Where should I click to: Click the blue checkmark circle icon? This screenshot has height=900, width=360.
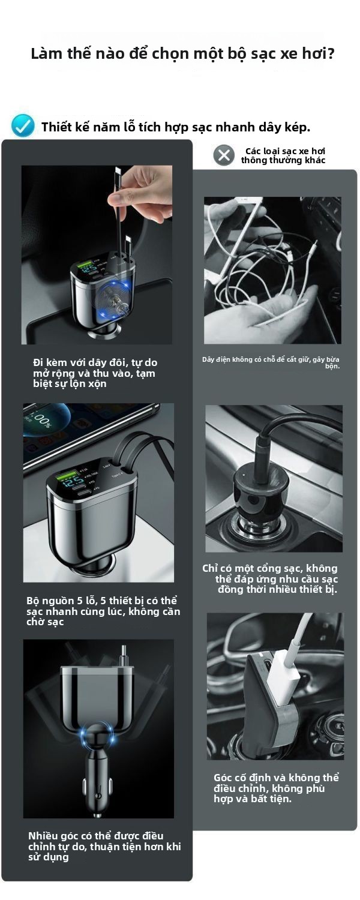pyautogui.click(x=23, y=126)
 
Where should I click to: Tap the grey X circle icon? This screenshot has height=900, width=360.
pyautogui.click(x=224, y=155)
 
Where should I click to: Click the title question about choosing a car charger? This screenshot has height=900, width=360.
pyautogui.click(x=183, y=54)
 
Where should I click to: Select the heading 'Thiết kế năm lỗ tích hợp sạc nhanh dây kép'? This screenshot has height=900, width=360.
pyautogui.click(x=176, y=127)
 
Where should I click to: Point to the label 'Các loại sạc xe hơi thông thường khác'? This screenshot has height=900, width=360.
pyautogui.click(x=283, y=155)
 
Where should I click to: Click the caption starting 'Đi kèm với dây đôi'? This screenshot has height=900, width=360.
pyautogui.click(x=95, y=373)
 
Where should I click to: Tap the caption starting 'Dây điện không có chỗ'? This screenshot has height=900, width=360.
pyautogui.click(x=271, y=362)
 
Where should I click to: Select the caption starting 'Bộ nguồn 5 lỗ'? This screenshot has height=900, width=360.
pyautogui.click(x=103, y=611)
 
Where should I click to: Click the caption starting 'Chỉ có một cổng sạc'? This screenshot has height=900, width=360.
pyautogui.click(x=270, y=578)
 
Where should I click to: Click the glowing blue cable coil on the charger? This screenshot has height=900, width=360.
pyautogui.click(x=114, y=299)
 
